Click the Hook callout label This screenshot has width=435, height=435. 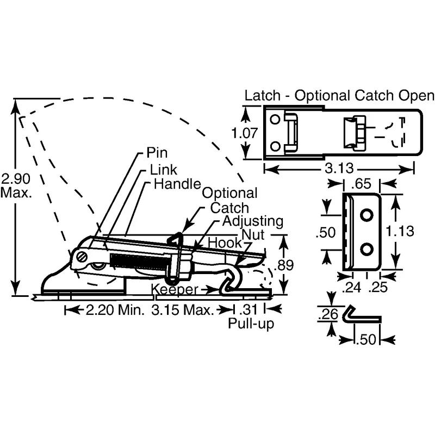click(x=220, y=243)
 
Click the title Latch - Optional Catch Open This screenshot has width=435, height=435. click(x=339, y=96)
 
